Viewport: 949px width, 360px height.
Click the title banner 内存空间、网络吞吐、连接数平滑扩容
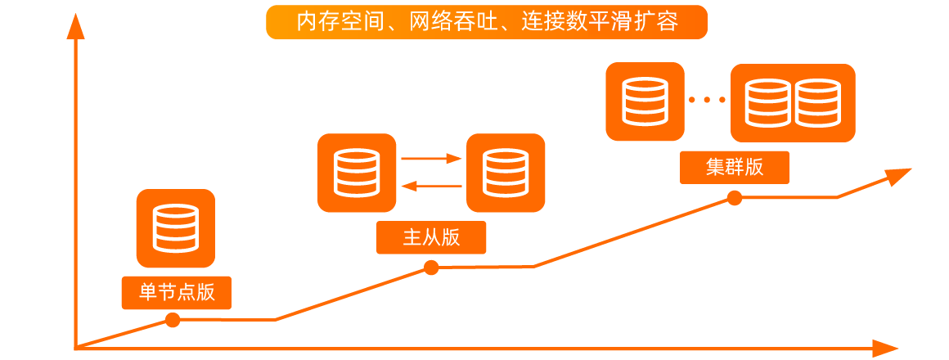click(486, 22)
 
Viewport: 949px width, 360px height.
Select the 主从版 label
click(431, 237)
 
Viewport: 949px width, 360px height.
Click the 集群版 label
click(734, 167)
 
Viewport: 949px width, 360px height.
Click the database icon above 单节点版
click(176, 228)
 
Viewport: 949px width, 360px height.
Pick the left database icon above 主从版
click(357, 173)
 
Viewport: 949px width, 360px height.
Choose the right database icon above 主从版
click(506, 173)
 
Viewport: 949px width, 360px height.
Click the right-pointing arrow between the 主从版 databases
click(431, 159)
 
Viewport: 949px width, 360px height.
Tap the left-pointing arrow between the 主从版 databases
click(431, 187)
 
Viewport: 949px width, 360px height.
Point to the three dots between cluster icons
click(707, 101)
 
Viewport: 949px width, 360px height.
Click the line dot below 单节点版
click(173, 320)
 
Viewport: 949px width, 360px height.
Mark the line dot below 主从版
click(431, 268)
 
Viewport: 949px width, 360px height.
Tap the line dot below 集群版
click(735, 198)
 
